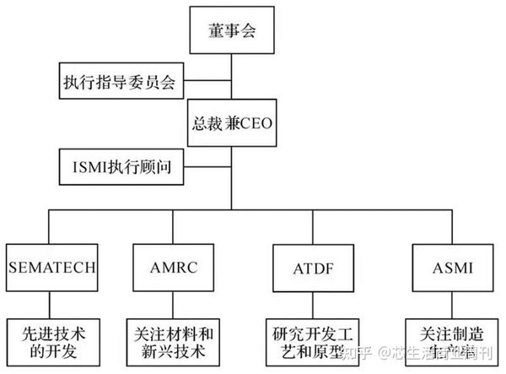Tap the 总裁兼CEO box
tap(231, 125)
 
